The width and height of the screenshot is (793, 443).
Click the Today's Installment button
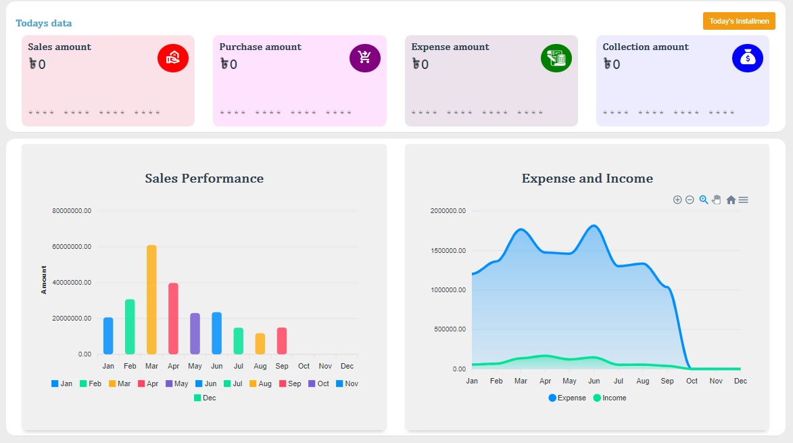coord(738,21)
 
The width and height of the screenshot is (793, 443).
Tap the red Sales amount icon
coord(173,57)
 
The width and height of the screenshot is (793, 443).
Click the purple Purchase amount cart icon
coord(365,57)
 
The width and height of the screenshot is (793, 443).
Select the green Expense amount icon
coord(556,57)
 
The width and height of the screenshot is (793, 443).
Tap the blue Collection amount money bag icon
coord(748,57)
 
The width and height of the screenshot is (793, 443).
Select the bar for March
coord(151,300)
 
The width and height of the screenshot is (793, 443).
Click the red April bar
coord(173,319)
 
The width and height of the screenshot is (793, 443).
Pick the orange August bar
coord(260,344)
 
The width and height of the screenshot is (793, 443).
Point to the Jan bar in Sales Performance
coord(108,335)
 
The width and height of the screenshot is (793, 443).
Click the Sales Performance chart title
coord(204,179)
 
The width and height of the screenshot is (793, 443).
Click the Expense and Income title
coord(587,179)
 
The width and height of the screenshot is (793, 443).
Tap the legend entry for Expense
coord(567,398)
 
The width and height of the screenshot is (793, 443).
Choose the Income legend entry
coord(610,398)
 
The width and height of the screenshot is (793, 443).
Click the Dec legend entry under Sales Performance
coord(205,398)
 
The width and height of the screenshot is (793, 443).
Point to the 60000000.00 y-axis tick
coord(72,247)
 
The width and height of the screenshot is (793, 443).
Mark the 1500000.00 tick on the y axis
coord(448,251)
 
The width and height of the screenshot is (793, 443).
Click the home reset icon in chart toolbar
coord(731,200)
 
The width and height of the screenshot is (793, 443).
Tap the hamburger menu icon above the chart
coord(744,200)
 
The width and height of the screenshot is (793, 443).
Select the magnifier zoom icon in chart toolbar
coord(704,200)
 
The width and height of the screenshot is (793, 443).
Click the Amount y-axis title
coord(45,280)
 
